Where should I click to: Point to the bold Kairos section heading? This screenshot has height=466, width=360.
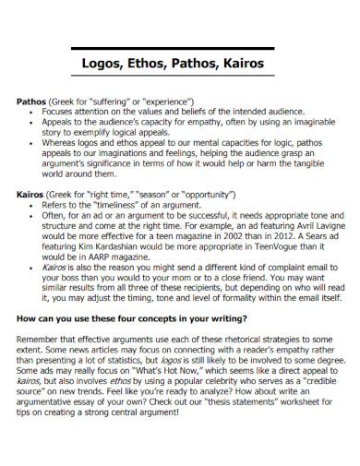[32, 196]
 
